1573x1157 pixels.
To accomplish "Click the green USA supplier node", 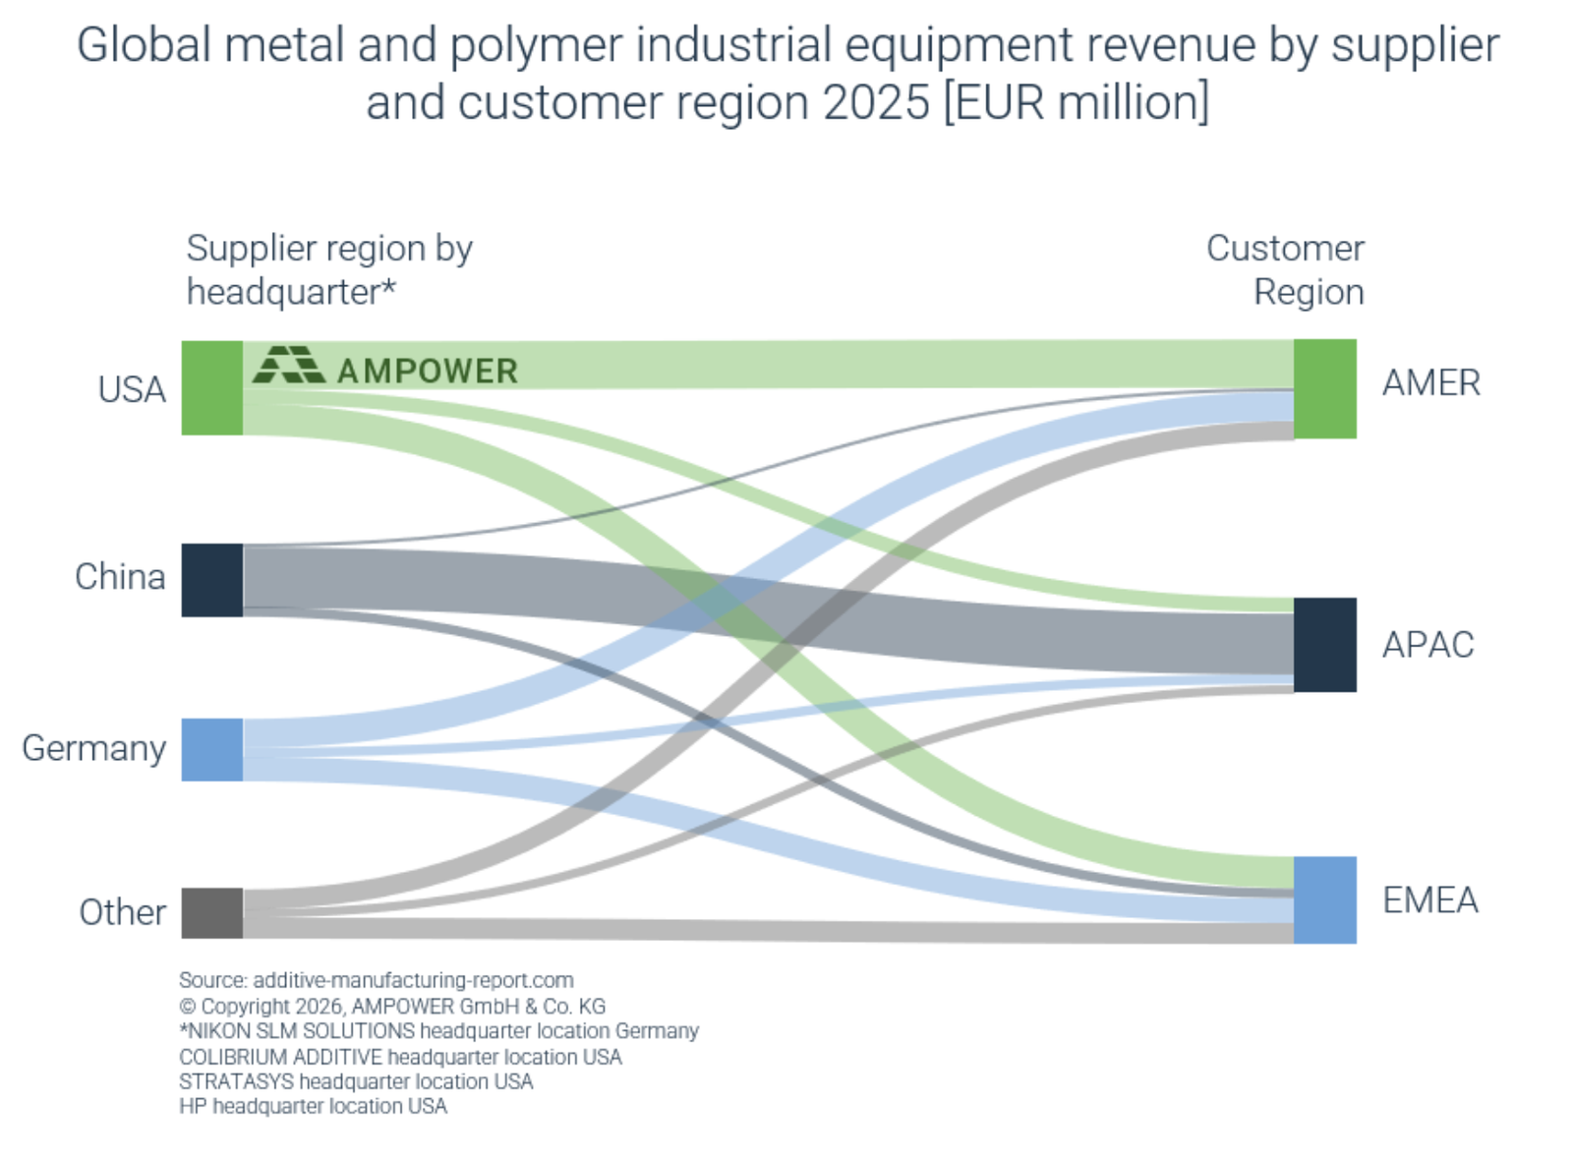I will point(211,387).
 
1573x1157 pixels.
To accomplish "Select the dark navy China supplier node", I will point(211,580).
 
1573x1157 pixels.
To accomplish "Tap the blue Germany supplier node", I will point(211,749).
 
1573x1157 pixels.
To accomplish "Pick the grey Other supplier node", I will point(211,912).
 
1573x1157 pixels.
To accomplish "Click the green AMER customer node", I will point(1324,388).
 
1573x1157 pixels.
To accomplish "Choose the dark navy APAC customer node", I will point(1324,644).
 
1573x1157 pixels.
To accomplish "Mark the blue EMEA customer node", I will point(1324,899).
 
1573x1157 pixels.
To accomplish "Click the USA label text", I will point(131,389).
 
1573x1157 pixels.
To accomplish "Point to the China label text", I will point(120,576).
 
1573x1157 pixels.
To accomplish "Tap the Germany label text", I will point(94,748).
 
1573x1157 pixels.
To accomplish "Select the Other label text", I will point(122,912).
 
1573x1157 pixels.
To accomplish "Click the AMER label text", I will point(1430,382).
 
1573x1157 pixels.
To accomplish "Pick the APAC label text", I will point(1427,645).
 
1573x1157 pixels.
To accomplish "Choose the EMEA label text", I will point(1429,899).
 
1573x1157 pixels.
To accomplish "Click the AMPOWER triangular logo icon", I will point(288,365).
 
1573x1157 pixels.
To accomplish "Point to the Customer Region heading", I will point(1286,269).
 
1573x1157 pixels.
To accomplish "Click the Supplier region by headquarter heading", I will point(328,269).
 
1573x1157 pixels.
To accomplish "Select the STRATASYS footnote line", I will point(356,1081).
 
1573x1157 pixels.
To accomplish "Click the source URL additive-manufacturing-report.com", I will point(413,980).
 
